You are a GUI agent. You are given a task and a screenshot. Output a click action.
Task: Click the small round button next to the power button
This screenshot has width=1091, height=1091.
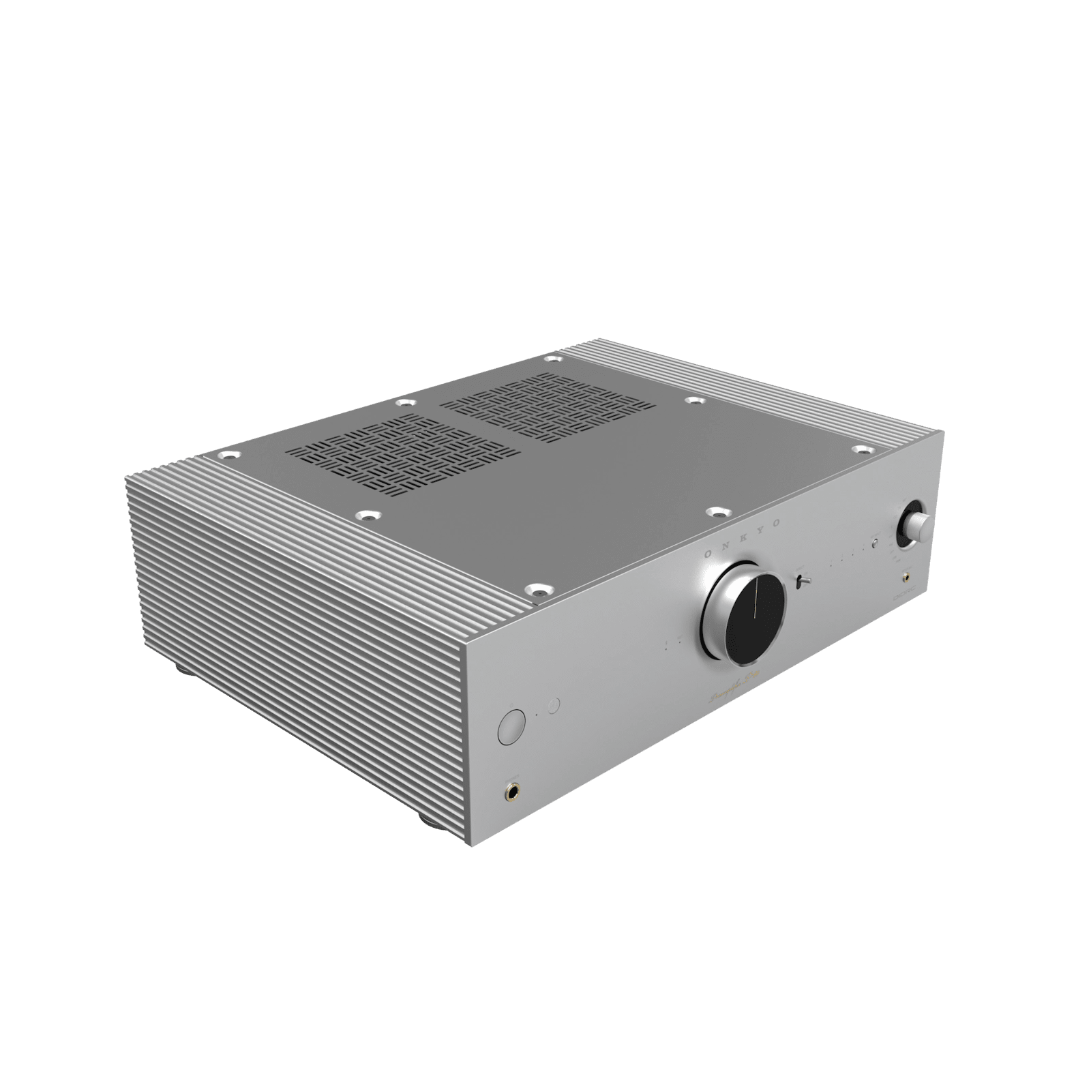(x=554, y=705)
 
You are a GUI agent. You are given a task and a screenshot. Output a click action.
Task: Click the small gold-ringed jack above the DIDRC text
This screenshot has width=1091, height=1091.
(x=906, y=577)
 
